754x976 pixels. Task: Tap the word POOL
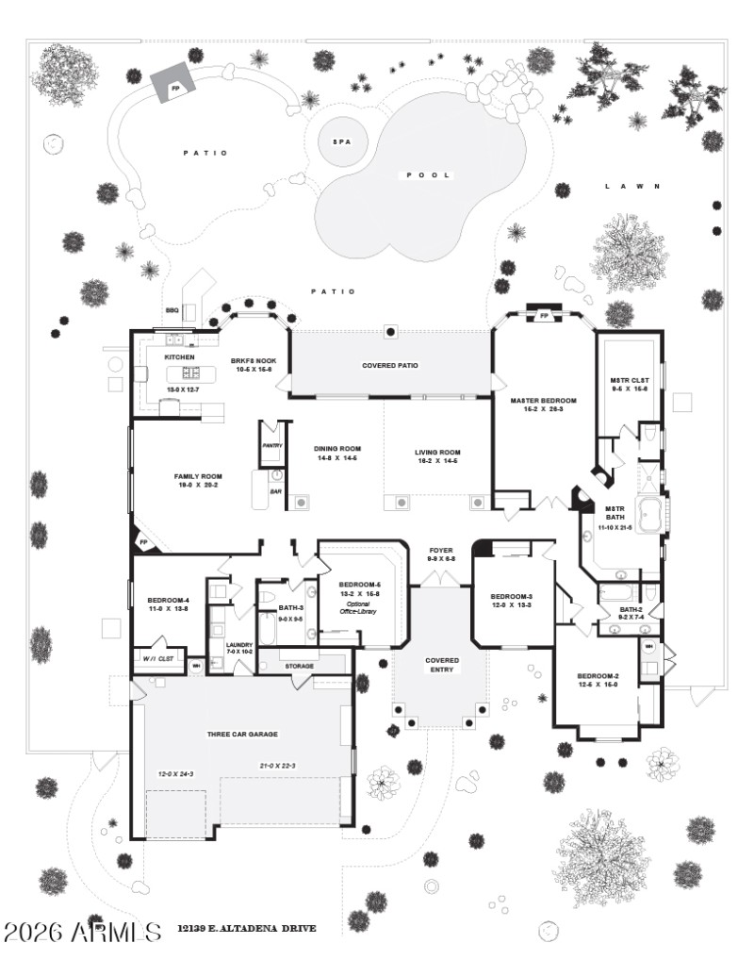point(429,175)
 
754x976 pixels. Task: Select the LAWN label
point(631,187)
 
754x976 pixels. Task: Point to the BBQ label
point(172,309)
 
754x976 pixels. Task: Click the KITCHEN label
point(179,358)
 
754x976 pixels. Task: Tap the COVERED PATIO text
point(390,365)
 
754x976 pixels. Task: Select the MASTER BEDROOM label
point(543,401)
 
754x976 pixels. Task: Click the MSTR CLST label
point(629,381)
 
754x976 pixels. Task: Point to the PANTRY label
point(271,444)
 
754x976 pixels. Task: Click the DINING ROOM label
point(337,449)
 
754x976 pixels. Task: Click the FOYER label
point(441,549)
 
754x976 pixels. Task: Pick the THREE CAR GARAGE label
point(242,734)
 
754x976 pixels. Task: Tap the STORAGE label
point(300,667)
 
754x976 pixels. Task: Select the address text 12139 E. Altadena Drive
point(246,929)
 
